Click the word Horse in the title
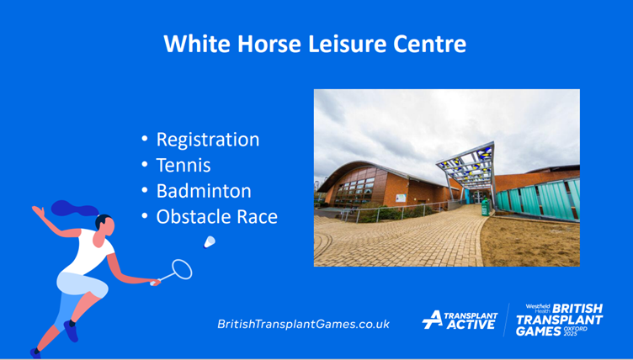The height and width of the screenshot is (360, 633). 269,44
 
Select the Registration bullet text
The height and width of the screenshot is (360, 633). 208,140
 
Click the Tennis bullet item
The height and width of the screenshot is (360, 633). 184,166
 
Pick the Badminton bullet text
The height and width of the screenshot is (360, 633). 204,191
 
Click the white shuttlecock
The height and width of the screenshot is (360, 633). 210,242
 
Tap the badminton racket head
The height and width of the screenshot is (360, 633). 182,269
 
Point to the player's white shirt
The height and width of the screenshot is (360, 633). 89,251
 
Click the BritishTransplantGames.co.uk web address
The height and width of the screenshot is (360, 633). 304,324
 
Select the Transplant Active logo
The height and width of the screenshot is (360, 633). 460,320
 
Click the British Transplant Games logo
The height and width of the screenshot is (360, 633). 560,320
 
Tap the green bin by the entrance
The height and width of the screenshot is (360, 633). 486,207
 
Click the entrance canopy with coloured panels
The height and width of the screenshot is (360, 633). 467,166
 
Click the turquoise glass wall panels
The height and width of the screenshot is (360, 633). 539,199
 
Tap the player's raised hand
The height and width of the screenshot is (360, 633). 39,211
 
